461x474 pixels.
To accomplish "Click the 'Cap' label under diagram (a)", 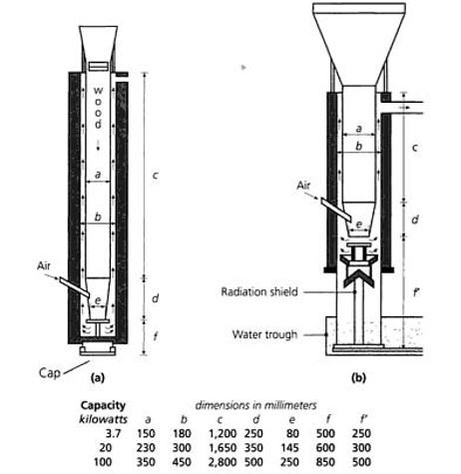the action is click(x=50, y=372).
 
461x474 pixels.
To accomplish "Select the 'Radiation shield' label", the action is click(x=259, y=291).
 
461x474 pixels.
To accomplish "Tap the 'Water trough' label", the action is click(x=264, y=334).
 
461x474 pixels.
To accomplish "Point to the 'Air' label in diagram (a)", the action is click(x=44, y=265).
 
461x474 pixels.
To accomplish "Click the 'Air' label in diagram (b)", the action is click(x=303, y=185).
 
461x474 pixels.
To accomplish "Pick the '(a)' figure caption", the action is click(x=98, y=377).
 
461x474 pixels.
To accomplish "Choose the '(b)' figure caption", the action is click(x=358, y=377).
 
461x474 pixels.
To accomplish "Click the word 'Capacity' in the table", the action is click(x=103, y=405).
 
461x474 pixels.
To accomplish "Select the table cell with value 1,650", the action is click(x=223, y=448).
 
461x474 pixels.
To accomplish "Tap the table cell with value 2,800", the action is click(x=223, y=462).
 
